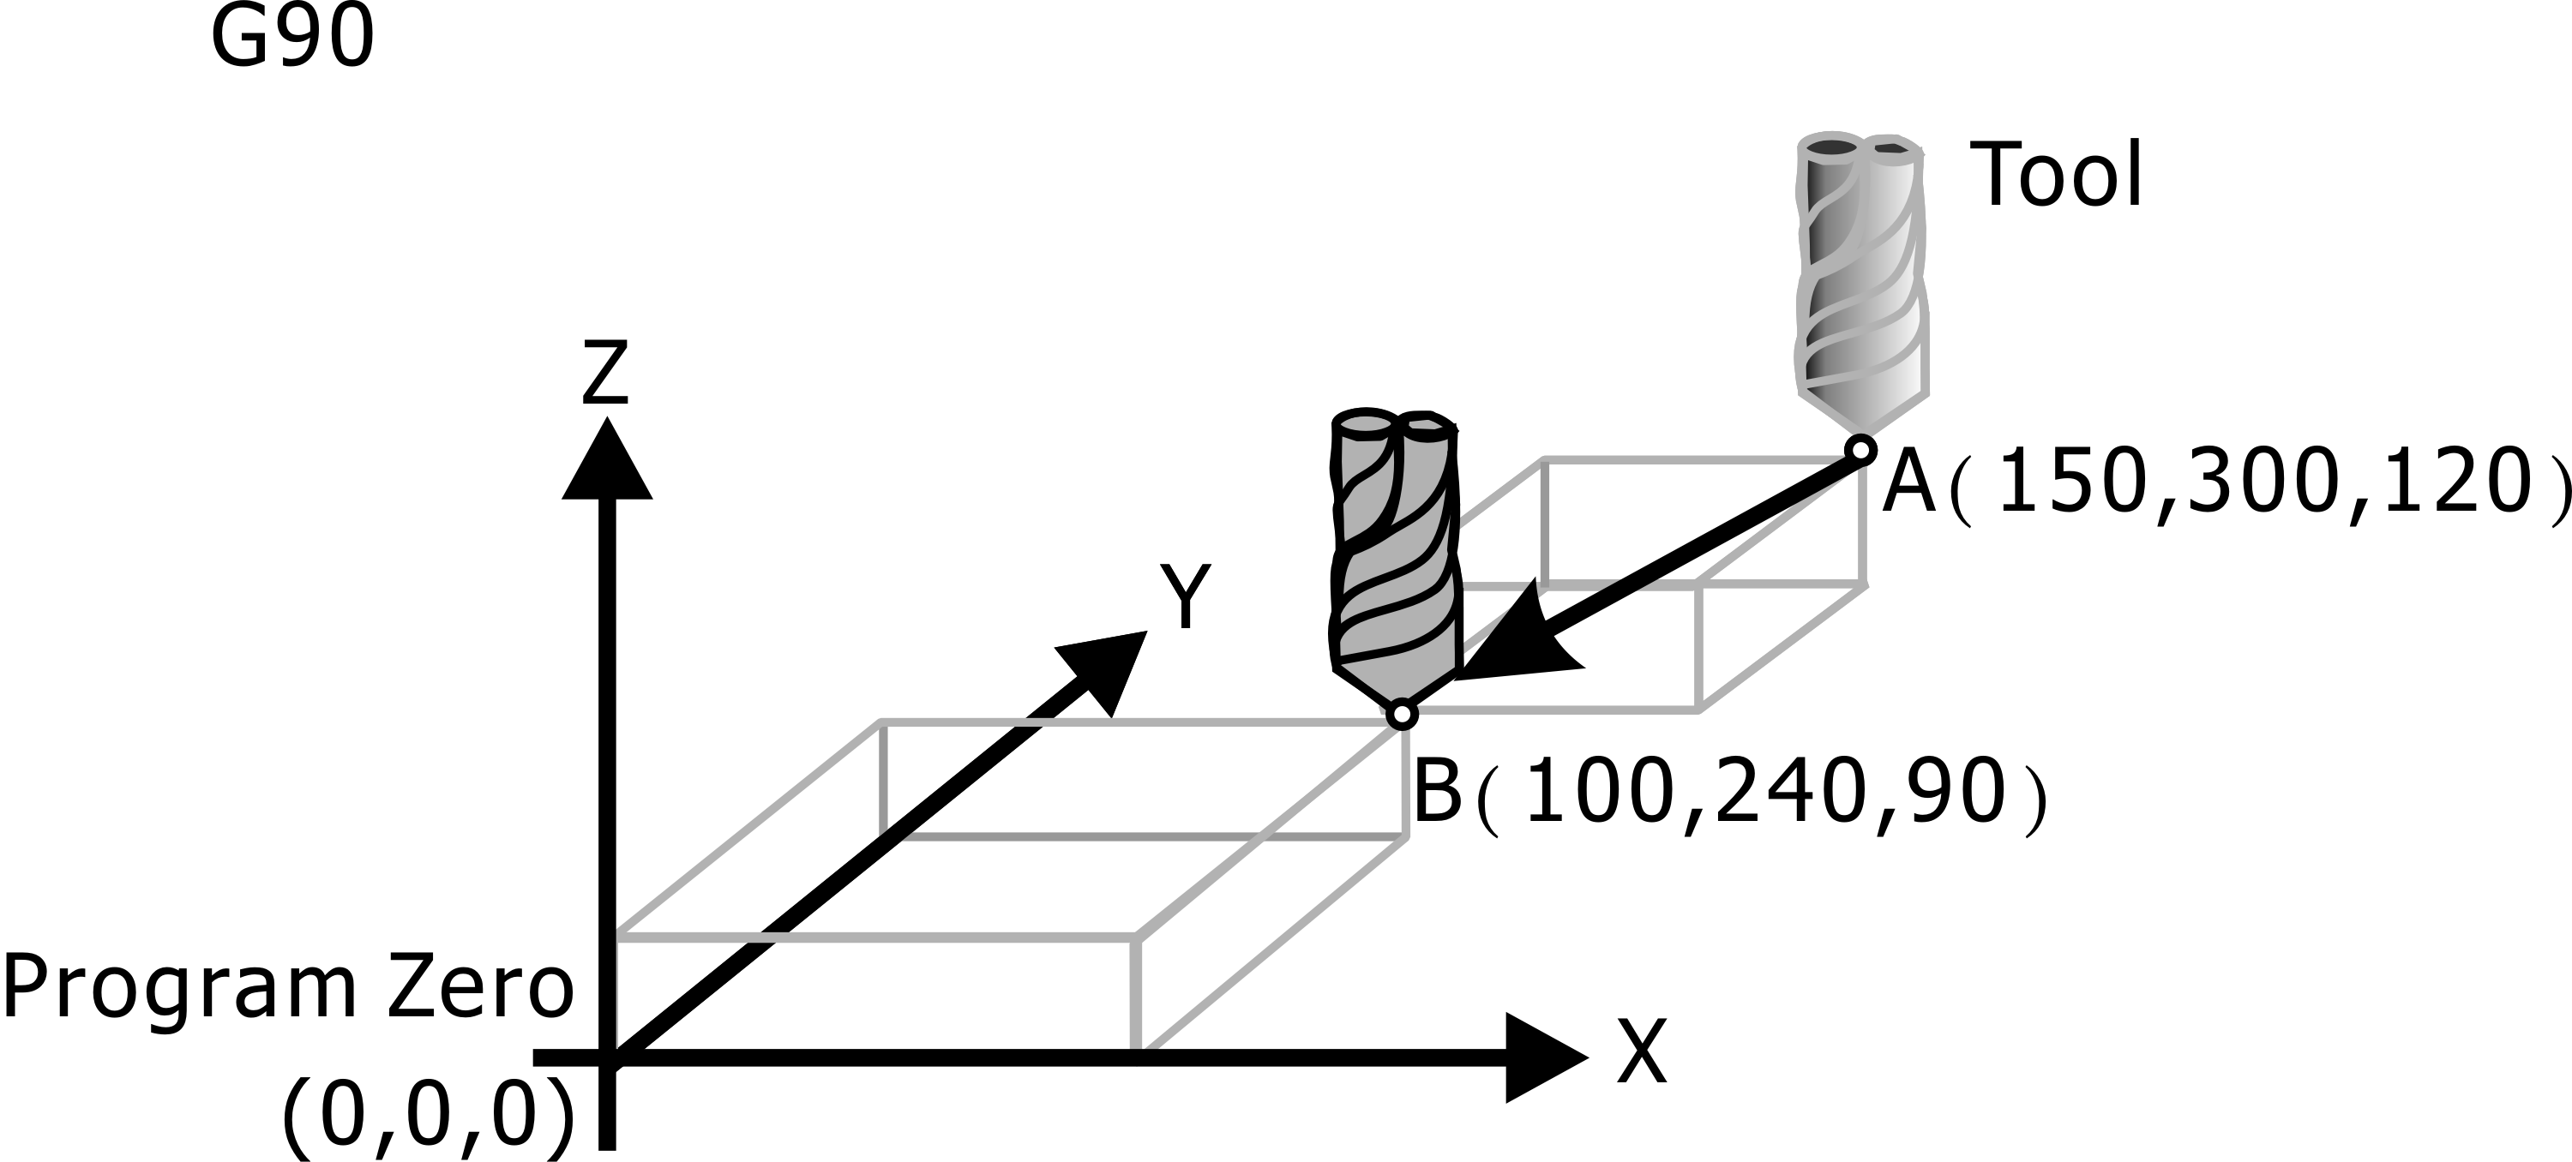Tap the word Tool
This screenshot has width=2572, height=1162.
pos(2055,176)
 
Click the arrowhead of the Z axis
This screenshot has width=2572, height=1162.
pos(607,461)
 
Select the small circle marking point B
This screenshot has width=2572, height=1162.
pos(1402,715)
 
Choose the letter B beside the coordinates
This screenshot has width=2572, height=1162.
pos(1438,792)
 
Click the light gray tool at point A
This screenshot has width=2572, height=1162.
pos(1862,279)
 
